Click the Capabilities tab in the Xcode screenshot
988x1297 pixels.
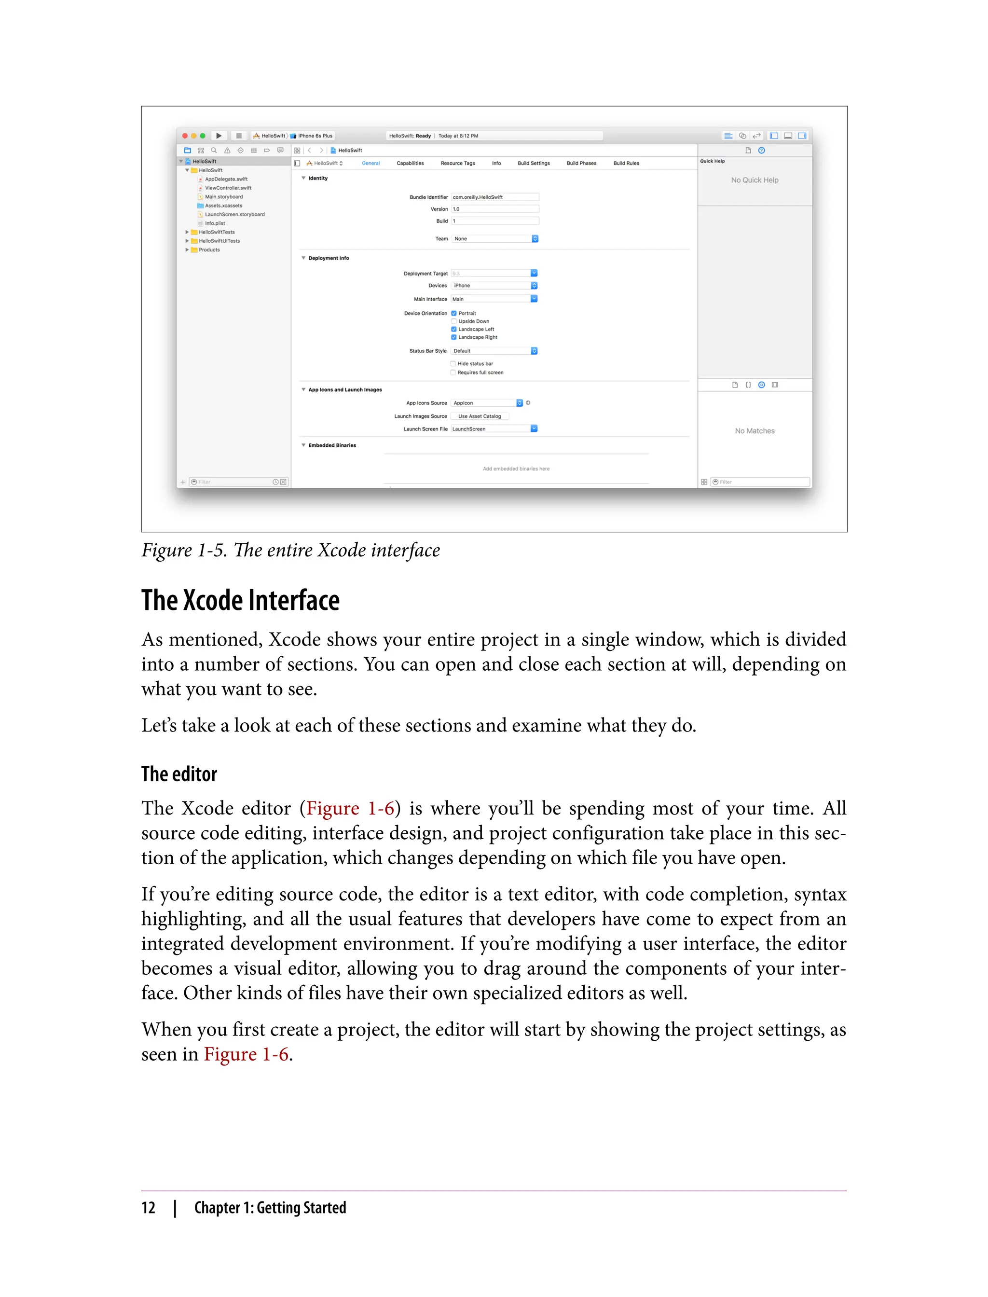pos(410,164)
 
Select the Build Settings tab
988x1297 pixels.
pos(534,164)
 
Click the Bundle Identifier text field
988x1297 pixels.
pos(494,197)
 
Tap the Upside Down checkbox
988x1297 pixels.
pos(454,321)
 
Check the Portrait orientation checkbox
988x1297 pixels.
pos(454,314)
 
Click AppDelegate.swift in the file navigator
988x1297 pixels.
pos(226,179)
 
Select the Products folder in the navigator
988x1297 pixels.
pos(209,250)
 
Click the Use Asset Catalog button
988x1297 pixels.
pos(480,416)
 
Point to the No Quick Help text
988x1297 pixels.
pos(755,180)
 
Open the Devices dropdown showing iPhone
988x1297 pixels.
pos(494,286)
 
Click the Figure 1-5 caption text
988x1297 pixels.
pos(290,551)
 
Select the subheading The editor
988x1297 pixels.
pos(179,774)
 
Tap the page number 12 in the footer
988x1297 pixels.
pos(148,1208)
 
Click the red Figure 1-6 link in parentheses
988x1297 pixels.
pos(350,809)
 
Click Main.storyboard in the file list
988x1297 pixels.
pos(223,197)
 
